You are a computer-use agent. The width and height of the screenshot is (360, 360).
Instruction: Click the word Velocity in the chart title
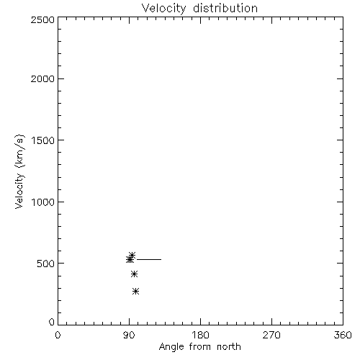[164, 9]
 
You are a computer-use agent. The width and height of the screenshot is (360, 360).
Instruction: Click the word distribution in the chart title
[225, 8]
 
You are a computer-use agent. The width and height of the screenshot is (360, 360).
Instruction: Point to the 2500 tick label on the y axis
[42, 19]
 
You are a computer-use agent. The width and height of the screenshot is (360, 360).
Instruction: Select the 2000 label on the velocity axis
[42, 78]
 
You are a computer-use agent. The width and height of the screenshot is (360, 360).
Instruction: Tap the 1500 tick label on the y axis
[43, 140]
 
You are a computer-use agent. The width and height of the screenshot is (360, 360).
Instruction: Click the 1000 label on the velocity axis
[43, 202]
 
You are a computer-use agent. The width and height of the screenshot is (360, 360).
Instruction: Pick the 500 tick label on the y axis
[46, 264]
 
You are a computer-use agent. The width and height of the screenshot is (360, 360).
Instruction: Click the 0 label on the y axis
[52, 322]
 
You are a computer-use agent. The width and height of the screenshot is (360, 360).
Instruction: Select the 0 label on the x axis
[58, 335]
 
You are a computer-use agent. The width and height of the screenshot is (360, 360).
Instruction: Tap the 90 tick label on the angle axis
[129, 335]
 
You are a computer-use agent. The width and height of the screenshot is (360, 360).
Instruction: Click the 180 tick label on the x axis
[200, 335]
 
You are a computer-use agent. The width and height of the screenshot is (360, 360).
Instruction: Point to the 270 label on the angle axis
[271, 335]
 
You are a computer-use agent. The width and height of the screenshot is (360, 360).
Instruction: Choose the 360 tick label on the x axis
[343, 335]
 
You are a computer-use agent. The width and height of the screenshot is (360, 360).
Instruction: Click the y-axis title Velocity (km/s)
[19, 171]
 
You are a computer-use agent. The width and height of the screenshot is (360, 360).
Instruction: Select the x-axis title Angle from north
[200, 347]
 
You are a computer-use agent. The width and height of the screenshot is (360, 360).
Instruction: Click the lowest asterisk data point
[136, 292]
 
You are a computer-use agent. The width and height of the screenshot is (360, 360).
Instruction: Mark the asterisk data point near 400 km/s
[135, 274]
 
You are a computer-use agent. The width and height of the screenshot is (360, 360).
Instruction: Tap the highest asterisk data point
[132, 255]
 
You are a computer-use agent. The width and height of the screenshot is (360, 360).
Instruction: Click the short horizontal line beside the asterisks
[149, 259]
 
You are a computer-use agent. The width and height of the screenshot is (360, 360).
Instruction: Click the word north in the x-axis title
[229, 346]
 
